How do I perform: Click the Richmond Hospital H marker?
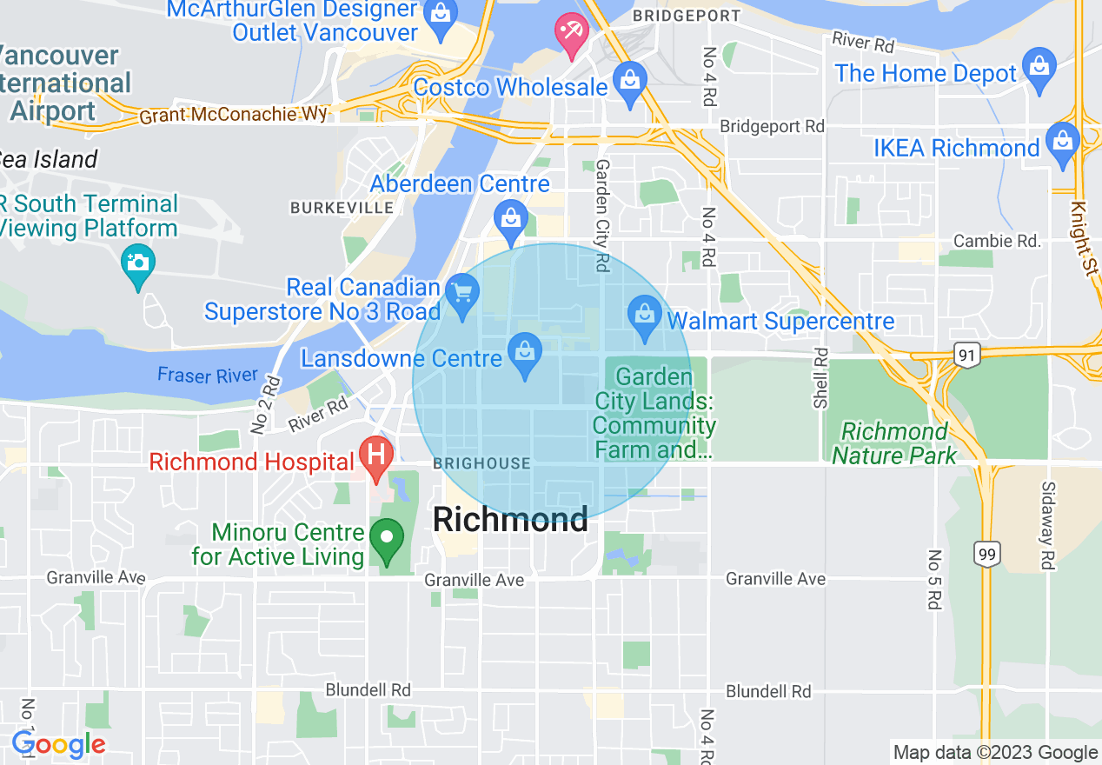click(x=376, y=455)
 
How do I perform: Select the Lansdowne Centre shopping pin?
click(x=524, y=352)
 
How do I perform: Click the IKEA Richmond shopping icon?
click(x=1062, y=140)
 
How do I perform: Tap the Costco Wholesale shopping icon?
click(x=630, y=81)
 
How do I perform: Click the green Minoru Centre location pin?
click(x=387, y=537)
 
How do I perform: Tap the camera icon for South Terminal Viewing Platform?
click(x=138, y=262)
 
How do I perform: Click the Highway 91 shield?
click(x=967, y=354)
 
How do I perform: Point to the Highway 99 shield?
click(x=987, y=553)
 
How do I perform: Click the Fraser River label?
click(x=208, y=376)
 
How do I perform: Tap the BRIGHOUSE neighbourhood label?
click(x=481, y=463)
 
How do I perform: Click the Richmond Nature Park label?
click(x=894, y=443)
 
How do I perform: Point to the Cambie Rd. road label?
click(x=996, y=241)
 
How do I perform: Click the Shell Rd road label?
click(x=820, y=378)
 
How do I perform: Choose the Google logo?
click(x=58, y=744)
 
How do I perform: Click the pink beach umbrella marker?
click(x=571, y=33)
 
